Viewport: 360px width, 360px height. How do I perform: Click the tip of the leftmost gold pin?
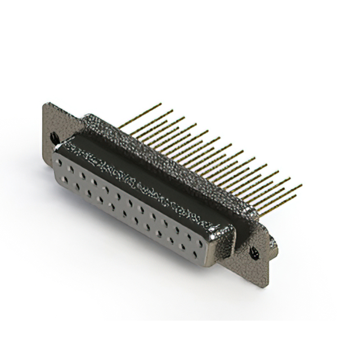160,104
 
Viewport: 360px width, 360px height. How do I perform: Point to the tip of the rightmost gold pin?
301,185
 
